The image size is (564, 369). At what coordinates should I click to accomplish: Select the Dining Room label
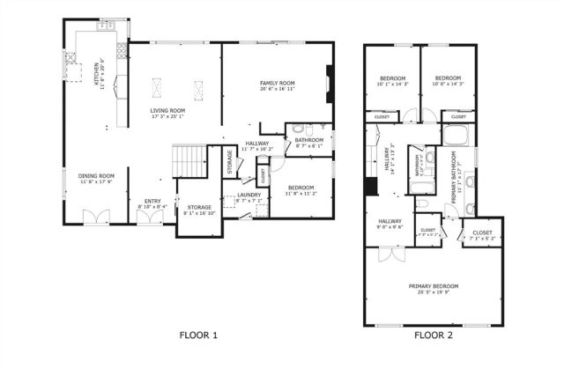(x=98, y=179)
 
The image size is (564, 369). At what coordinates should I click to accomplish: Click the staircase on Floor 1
(x=188, y=161)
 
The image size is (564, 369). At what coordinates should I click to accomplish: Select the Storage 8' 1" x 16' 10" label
(x=198, y=210)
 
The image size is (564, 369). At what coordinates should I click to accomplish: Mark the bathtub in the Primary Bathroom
(x=455, y=135)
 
